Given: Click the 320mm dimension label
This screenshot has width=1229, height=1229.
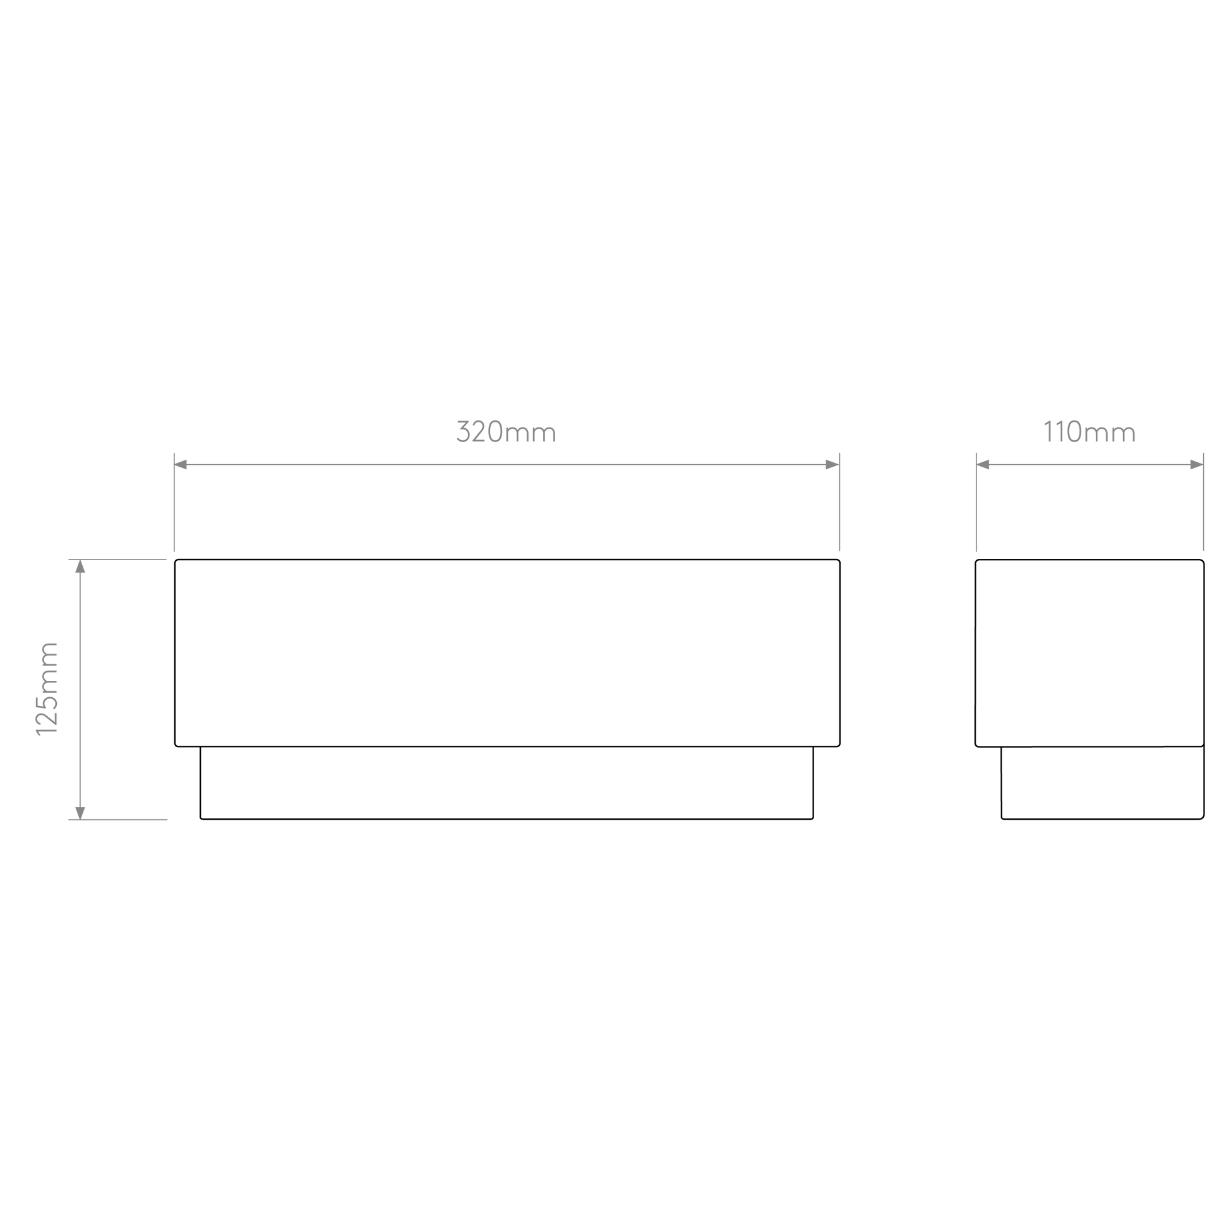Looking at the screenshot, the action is (507, 431).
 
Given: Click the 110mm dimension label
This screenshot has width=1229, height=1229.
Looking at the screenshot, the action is (1090, 431).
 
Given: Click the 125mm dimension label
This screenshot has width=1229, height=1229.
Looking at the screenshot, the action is (47, 689).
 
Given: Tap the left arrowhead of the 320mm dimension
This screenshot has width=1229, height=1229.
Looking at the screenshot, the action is (181, 464).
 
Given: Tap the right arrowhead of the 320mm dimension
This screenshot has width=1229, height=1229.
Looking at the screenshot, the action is (832, 464).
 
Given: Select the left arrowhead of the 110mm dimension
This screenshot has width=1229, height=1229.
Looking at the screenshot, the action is (983, 464).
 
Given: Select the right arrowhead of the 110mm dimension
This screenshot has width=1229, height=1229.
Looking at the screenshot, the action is (1197, 464).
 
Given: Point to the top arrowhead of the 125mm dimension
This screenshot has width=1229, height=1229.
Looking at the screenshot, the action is (80, 566).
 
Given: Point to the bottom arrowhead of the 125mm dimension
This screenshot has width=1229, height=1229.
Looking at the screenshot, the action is (80, 813).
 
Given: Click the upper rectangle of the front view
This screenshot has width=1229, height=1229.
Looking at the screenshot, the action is (507, 652).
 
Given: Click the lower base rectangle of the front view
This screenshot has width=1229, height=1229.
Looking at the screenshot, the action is (507, 783).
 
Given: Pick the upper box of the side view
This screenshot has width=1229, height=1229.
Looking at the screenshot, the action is (1089, 652).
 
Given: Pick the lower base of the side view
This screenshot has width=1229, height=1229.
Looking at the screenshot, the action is (1103, 783).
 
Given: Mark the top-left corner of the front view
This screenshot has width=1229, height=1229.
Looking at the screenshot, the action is (175, 559).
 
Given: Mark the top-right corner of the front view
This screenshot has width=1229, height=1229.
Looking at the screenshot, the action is (840, 559).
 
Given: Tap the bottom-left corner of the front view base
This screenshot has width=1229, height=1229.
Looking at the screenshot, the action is (200, 819).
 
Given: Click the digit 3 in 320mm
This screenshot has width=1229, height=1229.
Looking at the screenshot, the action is (464, 431).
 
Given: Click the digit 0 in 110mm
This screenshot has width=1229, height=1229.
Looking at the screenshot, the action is (1074, 431).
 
